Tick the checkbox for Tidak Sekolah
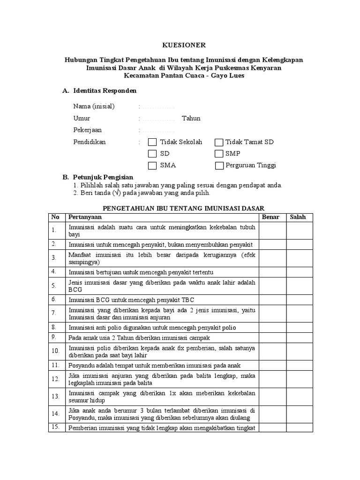152,142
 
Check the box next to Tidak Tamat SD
219,142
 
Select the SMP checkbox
219,154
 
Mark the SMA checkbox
152,165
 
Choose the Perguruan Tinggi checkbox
219,165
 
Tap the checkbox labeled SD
152,154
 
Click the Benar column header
270,217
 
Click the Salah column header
298,217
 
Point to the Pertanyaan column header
85,217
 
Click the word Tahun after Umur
191,118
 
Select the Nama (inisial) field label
94,106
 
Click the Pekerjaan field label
87,130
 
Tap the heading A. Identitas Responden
99,90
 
